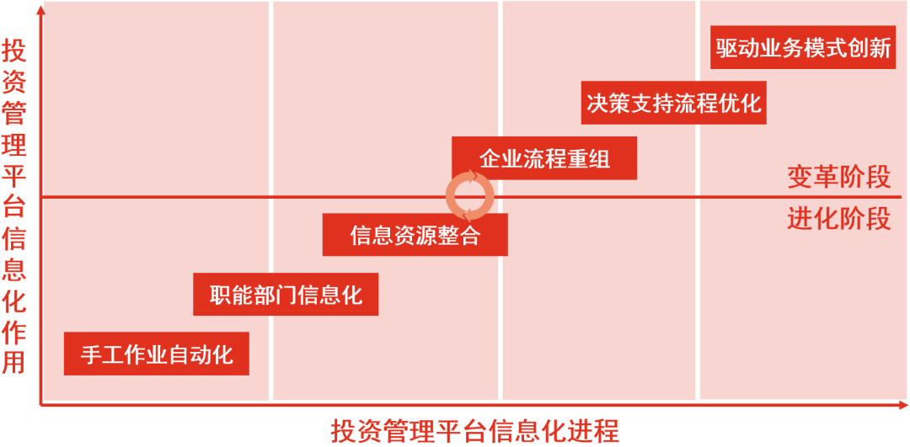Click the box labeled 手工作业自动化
pyautogui.click(x=157, y=354)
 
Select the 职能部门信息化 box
pyautogui.click(x=286, y=295)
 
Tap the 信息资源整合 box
pyautogui.click(x=415, y=235)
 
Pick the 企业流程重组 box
pyautogui.click(x=544, y=158)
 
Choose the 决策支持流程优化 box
pyautogui.click(x=673, y=104)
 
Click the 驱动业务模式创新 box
pyautogui.click(x=803, y=48)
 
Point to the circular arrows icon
pyautogui.click(x=469, y=197)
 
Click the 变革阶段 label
pyautogui.click(x=838, y=178)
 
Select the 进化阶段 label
pyautogui.click(x=838, y=219)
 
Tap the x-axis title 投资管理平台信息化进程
pyautogui.click(x=475, y=431)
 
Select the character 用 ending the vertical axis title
pyautogui.click(x=14, y=362)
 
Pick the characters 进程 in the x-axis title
pyautogui.click(x=598, y=431)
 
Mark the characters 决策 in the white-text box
pyautogui.click(x=608, y=104)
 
